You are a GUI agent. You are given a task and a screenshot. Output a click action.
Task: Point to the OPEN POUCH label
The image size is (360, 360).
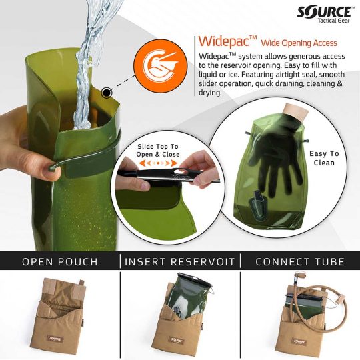(61, 261)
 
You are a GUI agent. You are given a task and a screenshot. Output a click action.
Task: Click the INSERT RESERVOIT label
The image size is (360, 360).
(180, 261)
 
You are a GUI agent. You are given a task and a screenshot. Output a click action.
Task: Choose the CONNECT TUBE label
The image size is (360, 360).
(300, 261)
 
